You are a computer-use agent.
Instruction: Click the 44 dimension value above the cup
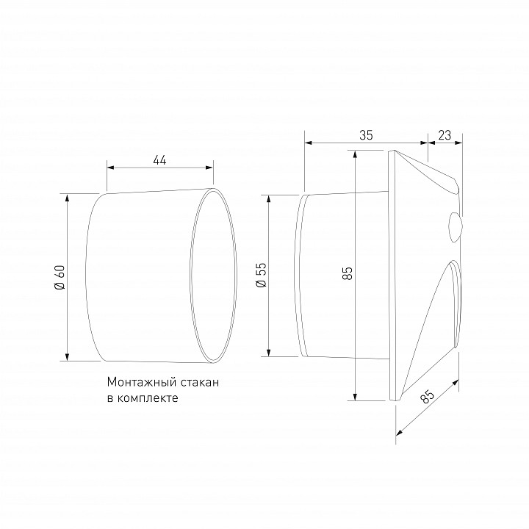tap(159, 159)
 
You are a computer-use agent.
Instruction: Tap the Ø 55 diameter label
tap(260, 276)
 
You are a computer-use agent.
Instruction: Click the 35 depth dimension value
tap(366, 134)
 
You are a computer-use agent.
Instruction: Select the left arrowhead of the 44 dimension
tap(110, 167)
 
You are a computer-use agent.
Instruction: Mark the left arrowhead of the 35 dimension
tap(307, 143)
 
